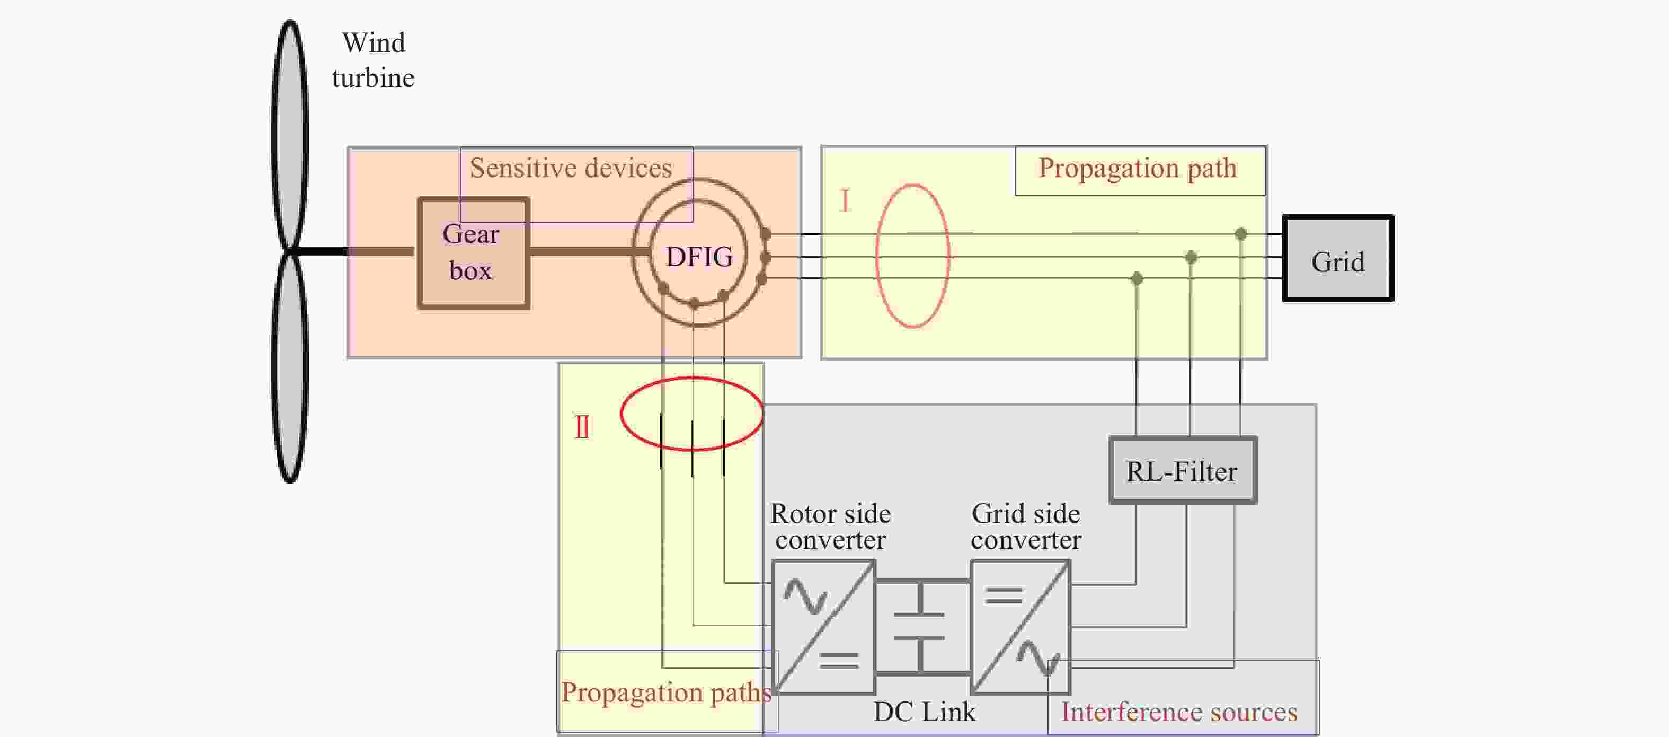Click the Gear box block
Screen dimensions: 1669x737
tap(474, 253)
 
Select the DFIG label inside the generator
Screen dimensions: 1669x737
tap(699, 257)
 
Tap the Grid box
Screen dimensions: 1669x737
tap(1338, 258)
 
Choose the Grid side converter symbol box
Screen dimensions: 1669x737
tap(1020, 627)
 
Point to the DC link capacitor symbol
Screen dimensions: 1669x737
tap(919, 627)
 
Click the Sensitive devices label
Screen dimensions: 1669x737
tap(571, 168)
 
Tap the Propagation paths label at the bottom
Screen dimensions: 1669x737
tap(666, 693)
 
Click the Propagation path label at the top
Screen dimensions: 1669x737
tap(1138, 169)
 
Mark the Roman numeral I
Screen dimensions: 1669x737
tap(844, 201)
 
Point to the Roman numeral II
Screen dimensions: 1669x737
tap(582, 427)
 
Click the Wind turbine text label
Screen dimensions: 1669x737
tap(373, 60)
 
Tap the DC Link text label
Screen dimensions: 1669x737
tap(924, 712)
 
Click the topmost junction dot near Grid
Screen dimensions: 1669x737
tap(1241, 234)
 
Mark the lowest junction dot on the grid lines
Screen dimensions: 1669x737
tap(1137, 279)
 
